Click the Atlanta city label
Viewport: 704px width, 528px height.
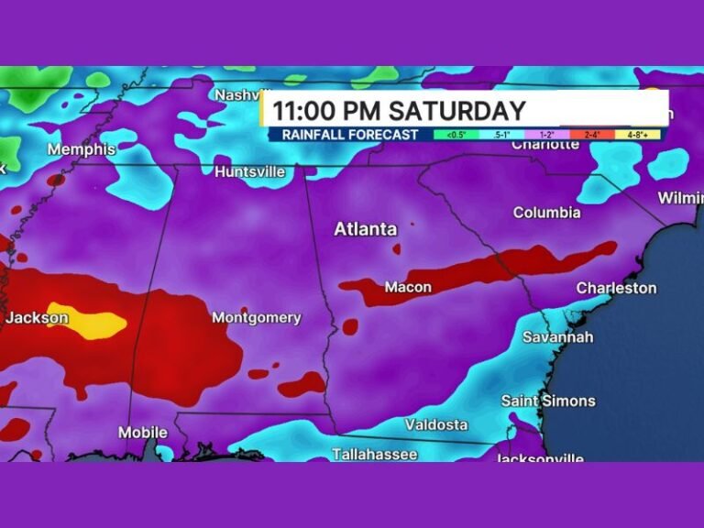pyautogui.click(x=365, y=229)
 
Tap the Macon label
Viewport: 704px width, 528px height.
pyautogui.click(x=408, y=288)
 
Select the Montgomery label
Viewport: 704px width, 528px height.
pyautogui.click(x=257, y=318)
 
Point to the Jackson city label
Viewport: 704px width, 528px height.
pyautogui.click(x=37, y=318)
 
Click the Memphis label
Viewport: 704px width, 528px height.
pyautogui.click(x=82, y=149)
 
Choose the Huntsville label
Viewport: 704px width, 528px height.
pyautogui.click(x=249, y=171)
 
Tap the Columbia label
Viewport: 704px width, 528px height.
pyautogui.click(x=546, y=213)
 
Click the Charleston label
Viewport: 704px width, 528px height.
pyautogui.click(x=616, y=288)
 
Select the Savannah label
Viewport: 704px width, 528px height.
pyautogui.click(x=557, y=337)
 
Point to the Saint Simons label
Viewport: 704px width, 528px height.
pyautogui.click(x=548, y=401)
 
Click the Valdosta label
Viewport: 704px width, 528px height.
pyautogui.click(x=436, y=424)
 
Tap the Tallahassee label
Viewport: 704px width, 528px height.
pyautogui.click(x=375, y=454)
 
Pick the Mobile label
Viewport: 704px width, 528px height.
pyautogui.click(x=143, y=432)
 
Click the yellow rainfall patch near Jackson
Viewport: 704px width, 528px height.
pyautogui.click(x=87, y=321)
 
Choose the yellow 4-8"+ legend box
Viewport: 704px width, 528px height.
pyautogui.click(x=642, y=135)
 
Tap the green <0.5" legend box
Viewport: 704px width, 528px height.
pyautogui.click(x=456, y=135)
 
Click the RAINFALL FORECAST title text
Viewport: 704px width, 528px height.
pyautogui.click(x=350, y=135)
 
